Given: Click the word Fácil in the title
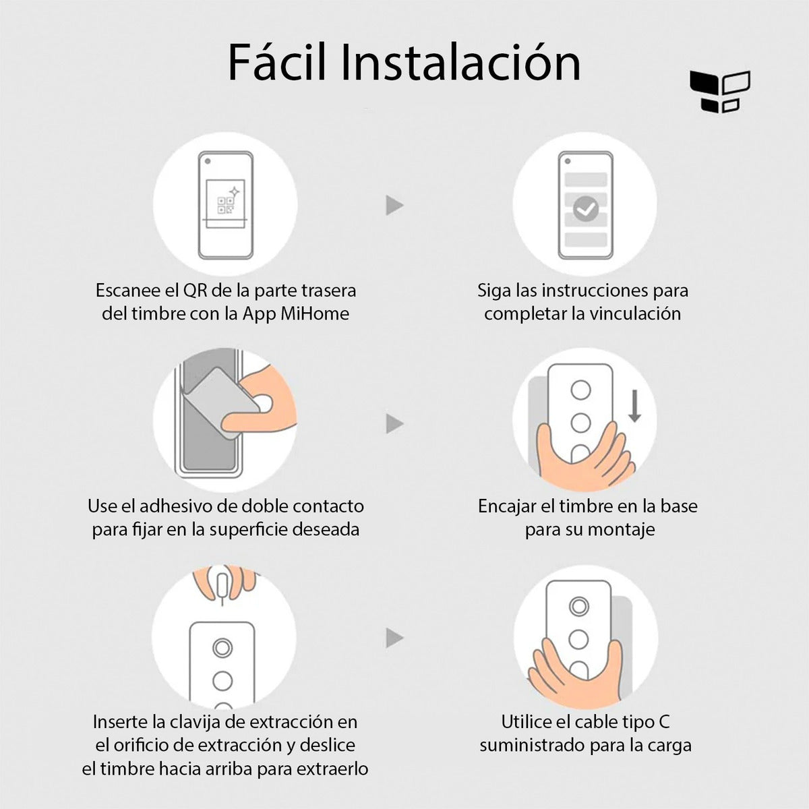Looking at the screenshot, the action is (278, 62).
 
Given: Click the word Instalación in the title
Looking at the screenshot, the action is (460, 62).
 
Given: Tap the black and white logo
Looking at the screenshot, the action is (720, 92).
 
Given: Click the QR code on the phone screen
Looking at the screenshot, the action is (225, 206).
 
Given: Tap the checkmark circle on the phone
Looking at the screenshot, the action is (586, 208).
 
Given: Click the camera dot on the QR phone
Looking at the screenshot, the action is (208, 161).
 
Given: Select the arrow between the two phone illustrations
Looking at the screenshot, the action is (394, 206).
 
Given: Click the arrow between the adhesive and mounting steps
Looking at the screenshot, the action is (394, 423).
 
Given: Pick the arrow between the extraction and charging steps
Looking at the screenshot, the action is (394, 638).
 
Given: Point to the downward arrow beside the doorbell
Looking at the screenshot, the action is (635, 406).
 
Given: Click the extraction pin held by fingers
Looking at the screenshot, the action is (222, 588).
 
